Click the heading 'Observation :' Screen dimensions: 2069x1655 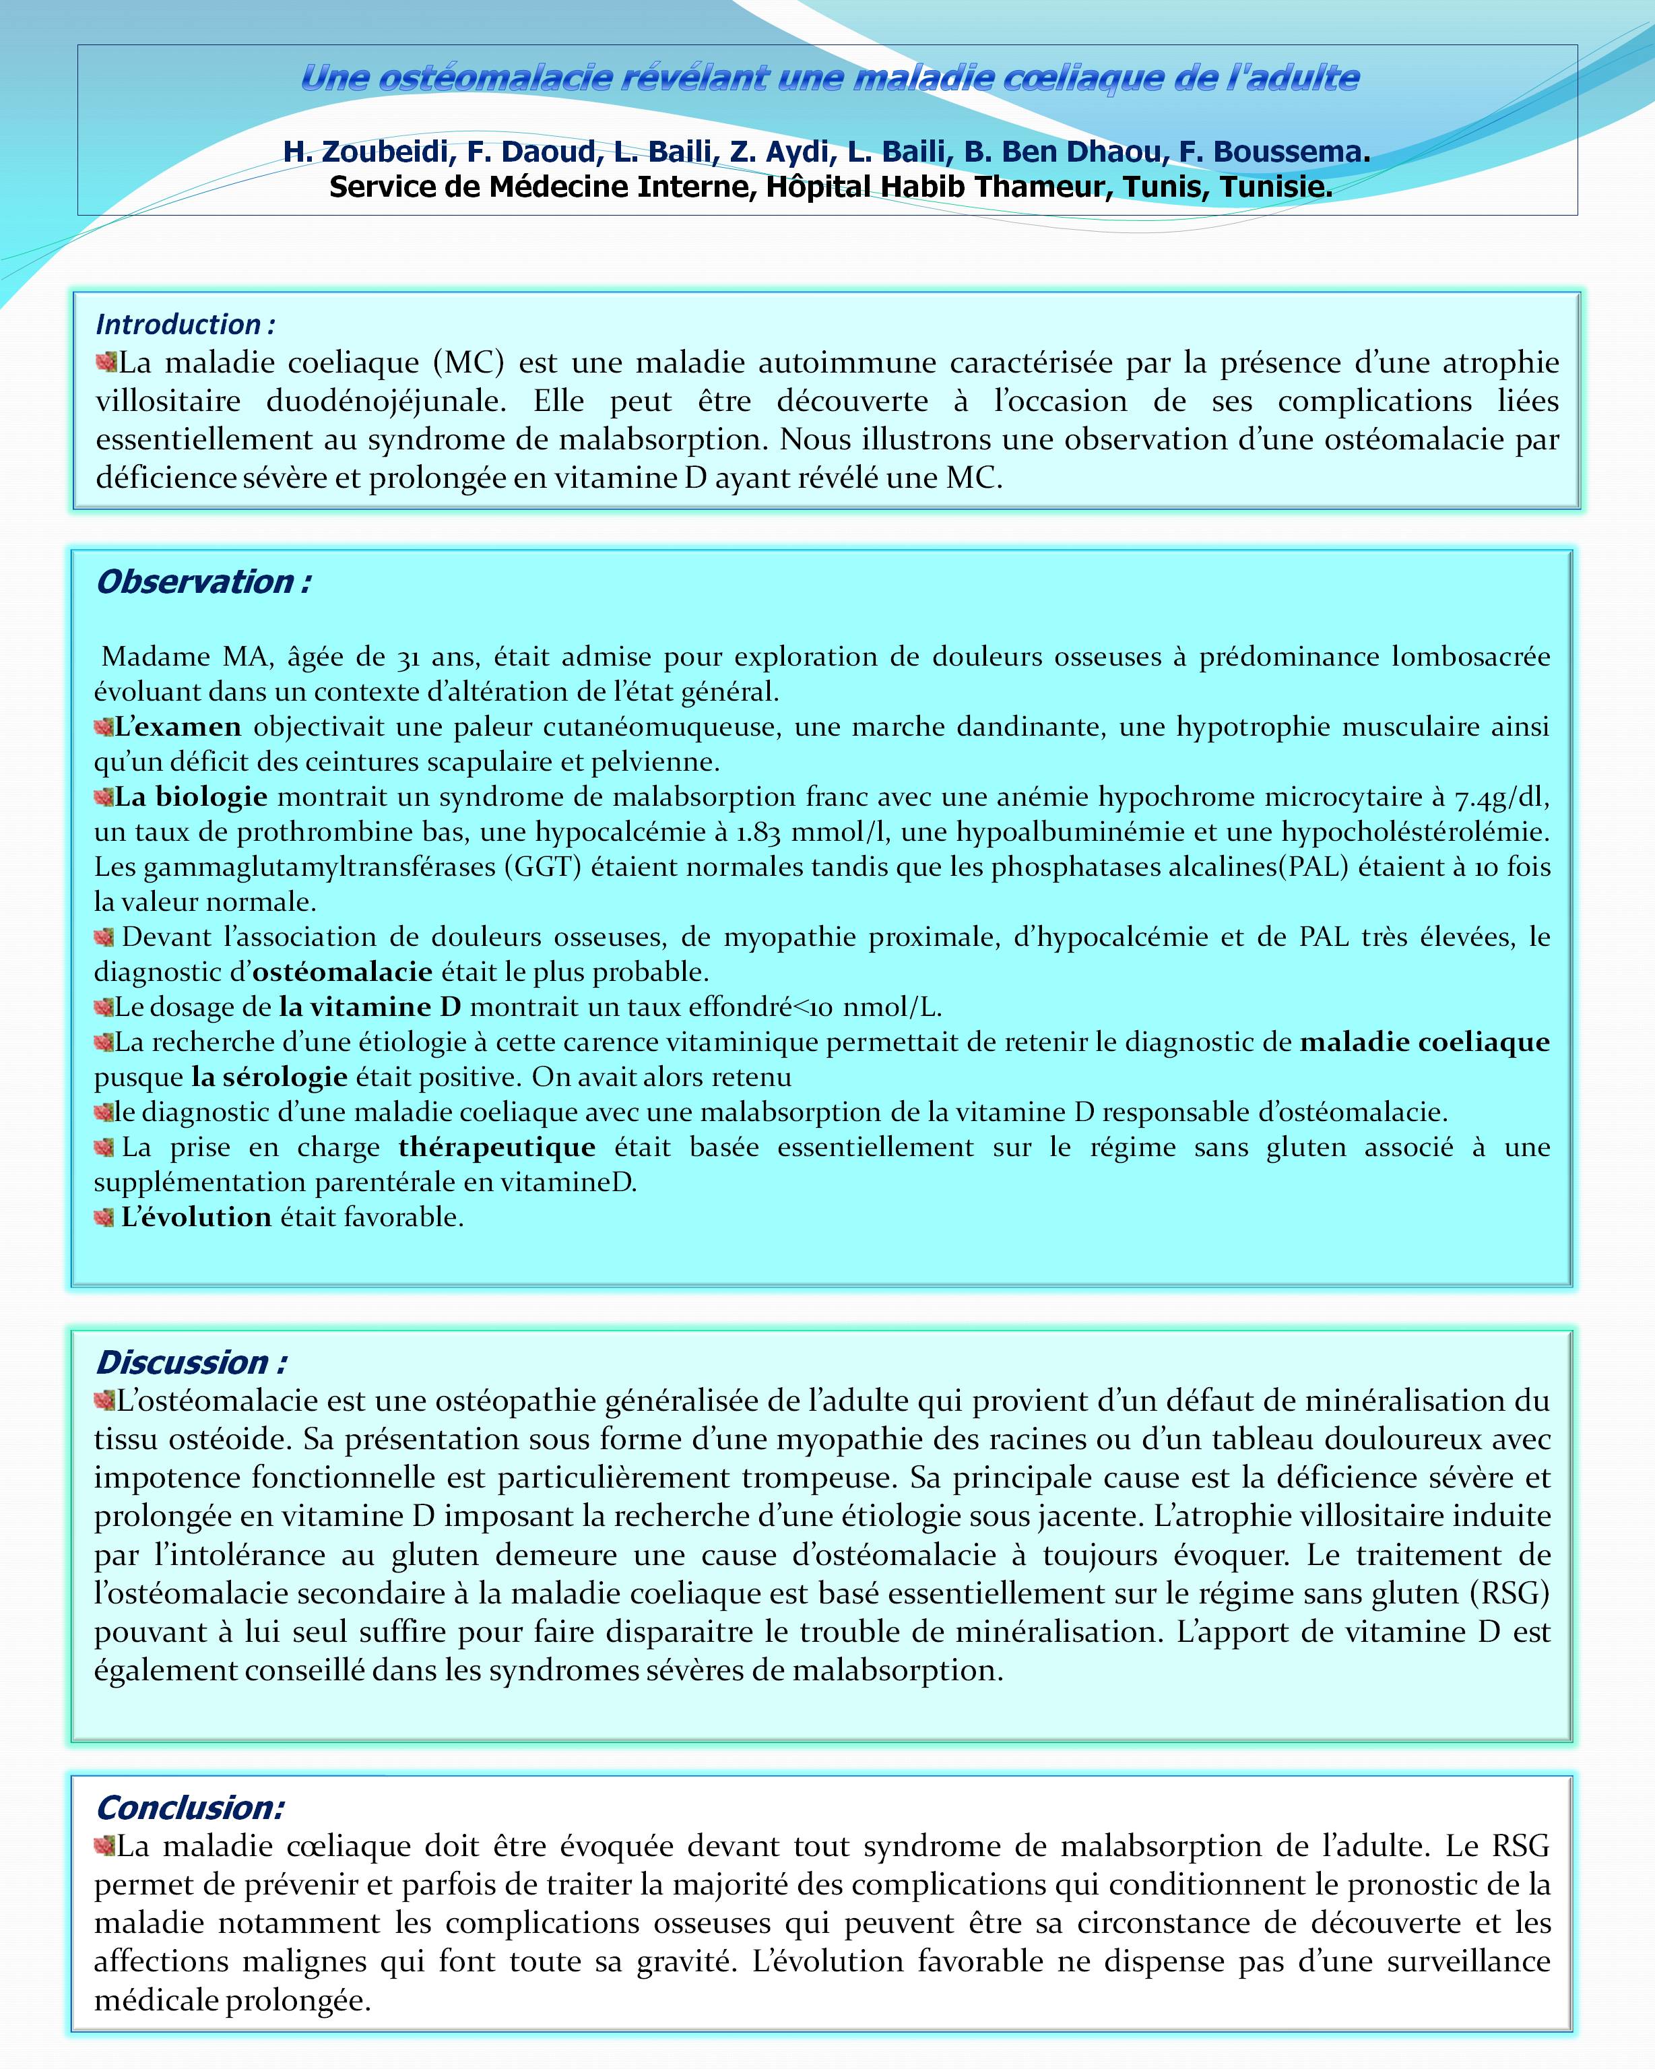(x=203, y=581)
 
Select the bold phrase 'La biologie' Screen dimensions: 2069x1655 (x=191, y=798)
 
